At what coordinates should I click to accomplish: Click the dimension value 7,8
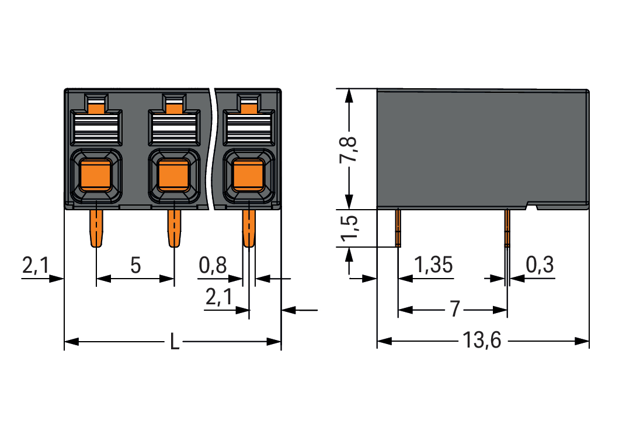point(350,150)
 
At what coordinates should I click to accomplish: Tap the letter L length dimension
point(174,341)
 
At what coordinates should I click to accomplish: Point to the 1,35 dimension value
point(433,266)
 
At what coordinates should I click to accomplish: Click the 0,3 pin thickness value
point(540,266)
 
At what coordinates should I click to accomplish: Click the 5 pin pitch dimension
point(135,266)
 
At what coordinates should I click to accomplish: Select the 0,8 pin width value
point(213,266)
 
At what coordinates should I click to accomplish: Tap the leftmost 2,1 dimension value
point(36,266)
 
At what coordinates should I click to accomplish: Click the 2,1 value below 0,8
point(218,298)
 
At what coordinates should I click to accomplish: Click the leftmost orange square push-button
point(96,175)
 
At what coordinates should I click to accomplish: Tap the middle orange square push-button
point(173,175)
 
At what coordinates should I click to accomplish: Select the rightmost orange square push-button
point(248,175)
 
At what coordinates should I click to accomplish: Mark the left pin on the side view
point(398,228)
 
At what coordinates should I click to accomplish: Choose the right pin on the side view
point(507,228)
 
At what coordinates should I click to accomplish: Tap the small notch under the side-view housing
point(532,206)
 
